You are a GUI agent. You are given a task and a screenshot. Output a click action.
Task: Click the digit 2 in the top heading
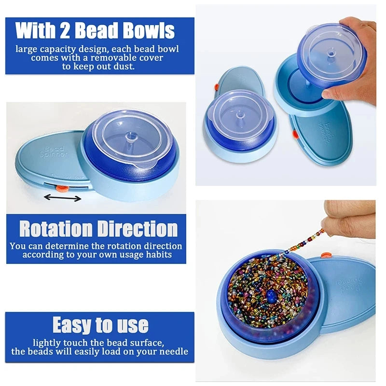click(x=65, y=30)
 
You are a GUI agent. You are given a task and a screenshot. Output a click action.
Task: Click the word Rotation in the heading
click(x=56, y=229)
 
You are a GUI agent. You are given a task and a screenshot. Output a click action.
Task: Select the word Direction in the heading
click(x=138, y=229)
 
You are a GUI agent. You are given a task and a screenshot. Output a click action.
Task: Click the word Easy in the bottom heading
click(x=72, y=325)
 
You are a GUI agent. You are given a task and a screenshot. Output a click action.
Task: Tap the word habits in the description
click(x=159, y=254)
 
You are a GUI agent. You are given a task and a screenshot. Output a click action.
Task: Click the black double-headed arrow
click(x=63, y=198)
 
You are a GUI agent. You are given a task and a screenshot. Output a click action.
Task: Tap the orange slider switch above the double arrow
click(x=62, y=189)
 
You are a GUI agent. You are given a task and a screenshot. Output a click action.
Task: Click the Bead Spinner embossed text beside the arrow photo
click(x=54, y=152)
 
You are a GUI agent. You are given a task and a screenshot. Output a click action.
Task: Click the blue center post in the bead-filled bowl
click(x=271, y=296)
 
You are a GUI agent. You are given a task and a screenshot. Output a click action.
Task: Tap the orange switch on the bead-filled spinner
click(x=325, y=255)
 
